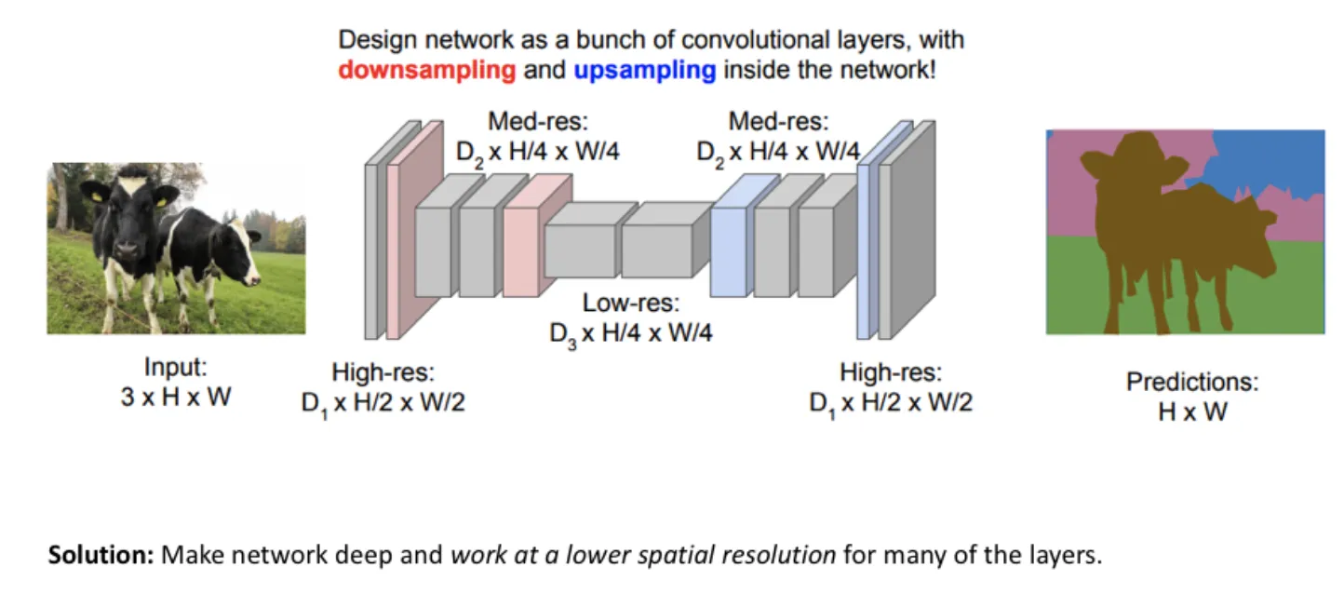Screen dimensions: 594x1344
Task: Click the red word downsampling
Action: pyautogui.click(x=426, y=70)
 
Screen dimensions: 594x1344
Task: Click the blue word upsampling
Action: pyautogui.click(x=644, y=70)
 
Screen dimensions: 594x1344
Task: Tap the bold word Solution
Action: pyautogui.click(x=101, y=556)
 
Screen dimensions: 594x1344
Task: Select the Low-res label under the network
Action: pyautogui.click(x=632, y=303)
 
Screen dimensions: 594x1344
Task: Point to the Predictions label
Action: pyautogui.click(x=1192, y=382)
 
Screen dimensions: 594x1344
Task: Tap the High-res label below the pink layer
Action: pyautogui.click(x=383, y=373)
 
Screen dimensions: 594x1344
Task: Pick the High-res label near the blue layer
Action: pyautogui.click(x=891, y=373)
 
